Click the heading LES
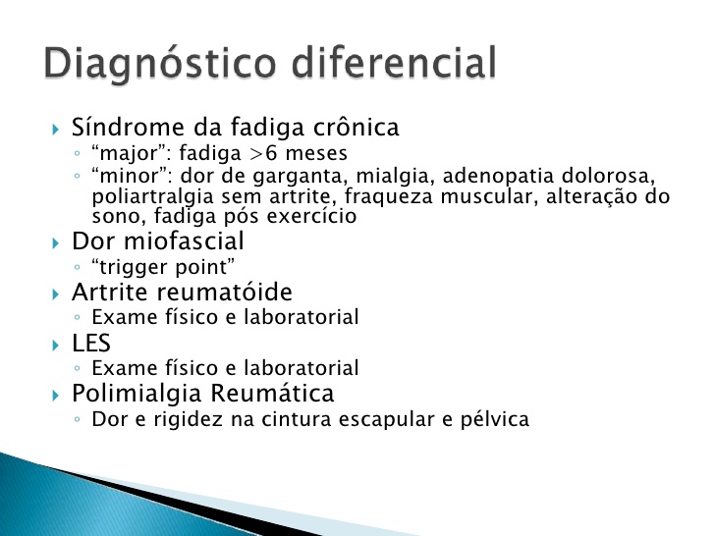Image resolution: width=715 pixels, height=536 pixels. click(x=91, y=344)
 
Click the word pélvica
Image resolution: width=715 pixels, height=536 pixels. click(x=492, y=420)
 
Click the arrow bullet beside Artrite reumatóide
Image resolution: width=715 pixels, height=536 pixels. click(x=56, y=294)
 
